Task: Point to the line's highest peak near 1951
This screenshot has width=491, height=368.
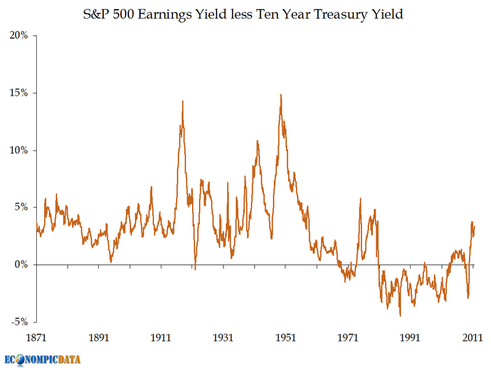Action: (x=280, y=94)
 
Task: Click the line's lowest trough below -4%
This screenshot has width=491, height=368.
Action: (x=400, y=316)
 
